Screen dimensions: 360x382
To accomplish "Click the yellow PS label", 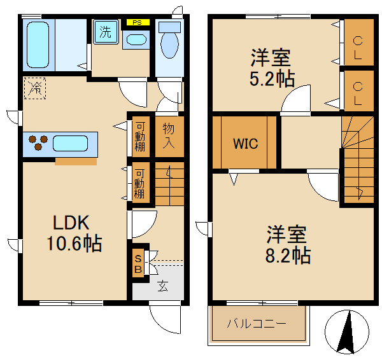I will tap(138, 22).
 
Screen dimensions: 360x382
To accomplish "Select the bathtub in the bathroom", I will tap(39, 45).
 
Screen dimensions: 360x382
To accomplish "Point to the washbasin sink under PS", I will tap(135, 39).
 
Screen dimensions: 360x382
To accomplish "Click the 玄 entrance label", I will tap(162, 286).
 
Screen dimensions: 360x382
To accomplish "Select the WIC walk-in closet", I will tap(245, 144).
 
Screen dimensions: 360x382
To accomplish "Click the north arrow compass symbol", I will tap(347, 331).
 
